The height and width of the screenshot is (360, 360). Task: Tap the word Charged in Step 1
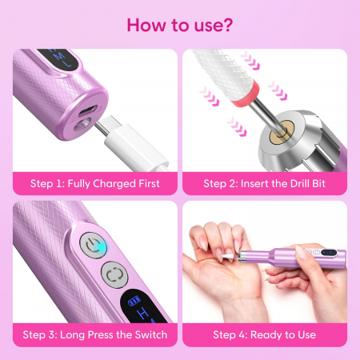(114, 184)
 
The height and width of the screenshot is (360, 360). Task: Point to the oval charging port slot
(87, 110)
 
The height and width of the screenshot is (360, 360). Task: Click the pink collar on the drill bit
(246, 93)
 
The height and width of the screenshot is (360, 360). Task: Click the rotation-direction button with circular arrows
(114, 275)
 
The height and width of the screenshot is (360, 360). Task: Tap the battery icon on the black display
(134, 302)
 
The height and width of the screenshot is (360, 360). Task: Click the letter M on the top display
(60, 57)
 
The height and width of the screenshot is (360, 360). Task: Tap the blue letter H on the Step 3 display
(144, 313)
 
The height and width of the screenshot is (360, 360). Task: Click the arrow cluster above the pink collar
(250, 61)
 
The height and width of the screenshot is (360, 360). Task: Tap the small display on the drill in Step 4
(329, 252)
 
